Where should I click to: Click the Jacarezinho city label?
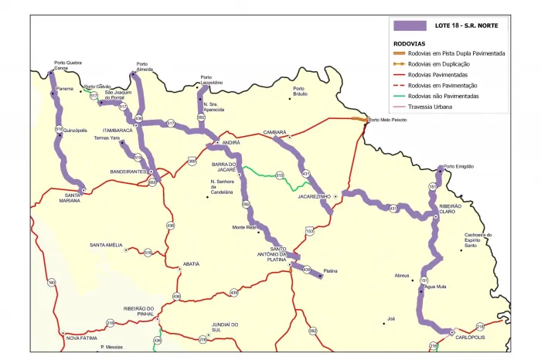314,196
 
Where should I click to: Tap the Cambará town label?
274,133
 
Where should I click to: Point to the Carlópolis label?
470,338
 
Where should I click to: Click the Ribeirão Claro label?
450,209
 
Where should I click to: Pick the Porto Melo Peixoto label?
388,120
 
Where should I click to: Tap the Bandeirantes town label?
128,172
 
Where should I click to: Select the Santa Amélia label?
106,245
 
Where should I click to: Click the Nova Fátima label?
82,338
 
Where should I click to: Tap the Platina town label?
332,271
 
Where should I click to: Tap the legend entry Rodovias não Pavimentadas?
444,96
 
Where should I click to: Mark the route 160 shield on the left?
52,283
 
